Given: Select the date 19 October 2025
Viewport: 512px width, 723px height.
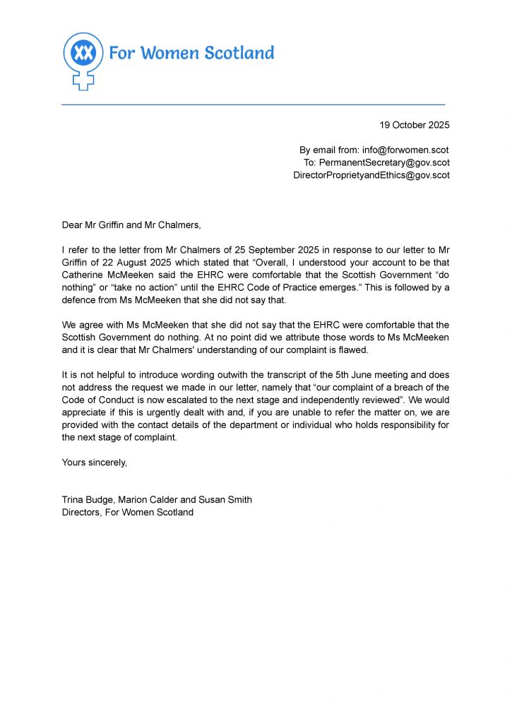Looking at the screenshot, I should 414,125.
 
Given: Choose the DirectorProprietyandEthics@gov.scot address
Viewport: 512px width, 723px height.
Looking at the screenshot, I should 371,175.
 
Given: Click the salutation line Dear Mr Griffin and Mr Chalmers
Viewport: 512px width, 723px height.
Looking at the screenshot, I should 131,225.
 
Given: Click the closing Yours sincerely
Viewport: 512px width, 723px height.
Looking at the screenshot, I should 95,462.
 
